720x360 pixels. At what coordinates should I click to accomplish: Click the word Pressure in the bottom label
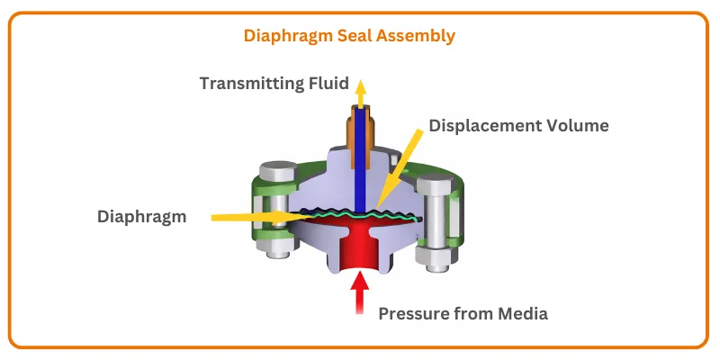tap(413, 314)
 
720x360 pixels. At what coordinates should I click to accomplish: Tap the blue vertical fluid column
tap(360, 162)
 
